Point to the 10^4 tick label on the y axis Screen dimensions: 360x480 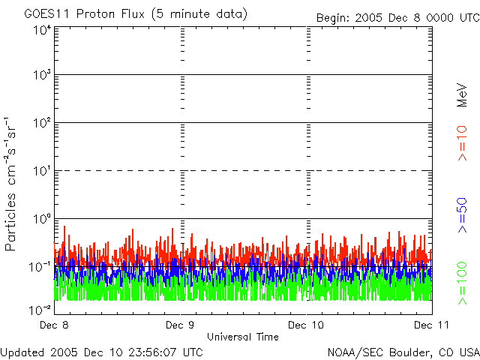click(x=42, y=30)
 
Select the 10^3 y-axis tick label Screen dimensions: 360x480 click(x=42, y=76)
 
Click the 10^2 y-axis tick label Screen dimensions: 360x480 click(x=42, y=124)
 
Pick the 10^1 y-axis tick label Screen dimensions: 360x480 click(x=42, y=172)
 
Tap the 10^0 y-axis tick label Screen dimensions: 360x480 click(x=42, y=220)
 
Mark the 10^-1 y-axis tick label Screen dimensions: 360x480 click(x=40, y=268)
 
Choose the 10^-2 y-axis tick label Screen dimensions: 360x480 click(x=40, y=310)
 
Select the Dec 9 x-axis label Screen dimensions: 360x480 click(x=180, y=325)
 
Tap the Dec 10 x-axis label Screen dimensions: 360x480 click(x=307, y=325)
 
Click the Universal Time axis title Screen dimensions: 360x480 click(x=243, y=337)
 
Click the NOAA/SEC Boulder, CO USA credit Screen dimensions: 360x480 click(x=403, y=352)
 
